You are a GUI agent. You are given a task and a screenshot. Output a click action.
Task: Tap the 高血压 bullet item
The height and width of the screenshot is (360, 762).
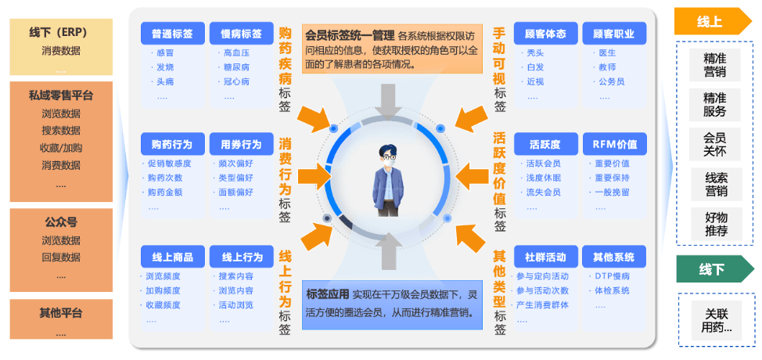237,53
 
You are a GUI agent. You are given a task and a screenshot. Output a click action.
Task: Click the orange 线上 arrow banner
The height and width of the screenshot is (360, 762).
713,21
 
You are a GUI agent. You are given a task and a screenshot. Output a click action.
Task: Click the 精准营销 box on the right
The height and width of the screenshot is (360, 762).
715,65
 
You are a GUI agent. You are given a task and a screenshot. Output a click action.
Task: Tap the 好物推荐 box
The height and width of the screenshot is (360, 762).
717,224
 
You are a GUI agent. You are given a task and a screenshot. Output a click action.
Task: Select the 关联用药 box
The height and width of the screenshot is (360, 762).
717,320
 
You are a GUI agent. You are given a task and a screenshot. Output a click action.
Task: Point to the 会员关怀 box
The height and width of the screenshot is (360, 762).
715,144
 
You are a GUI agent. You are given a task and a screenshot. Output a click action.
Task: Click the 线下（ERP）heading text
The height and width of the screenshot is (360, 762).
61,33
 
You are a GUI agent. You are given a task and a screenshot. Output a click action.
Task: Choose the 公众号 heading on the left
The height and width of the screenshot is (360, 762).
61,222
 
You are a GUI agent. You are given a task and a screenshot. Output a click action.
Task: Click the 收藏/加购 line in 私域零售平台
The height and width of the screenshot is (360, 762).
61,148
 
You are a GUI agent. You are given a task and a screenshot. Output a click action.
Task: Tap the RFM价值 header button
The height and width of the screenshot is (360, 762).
615,144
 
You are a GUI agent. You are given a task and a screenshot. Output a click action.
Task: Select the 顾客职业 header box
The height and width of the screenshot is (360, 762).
614,34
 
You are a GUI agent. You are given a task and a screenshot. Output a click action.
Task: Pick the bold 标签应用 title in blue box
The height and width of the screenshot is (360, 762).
328,293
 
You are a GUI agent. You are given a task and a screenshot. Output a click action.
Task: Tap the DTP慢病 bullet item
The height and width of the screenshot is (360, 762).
613,276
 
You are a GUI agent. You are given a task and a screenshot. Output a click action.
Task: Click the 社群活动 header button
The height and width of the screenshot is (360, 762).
546,256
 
